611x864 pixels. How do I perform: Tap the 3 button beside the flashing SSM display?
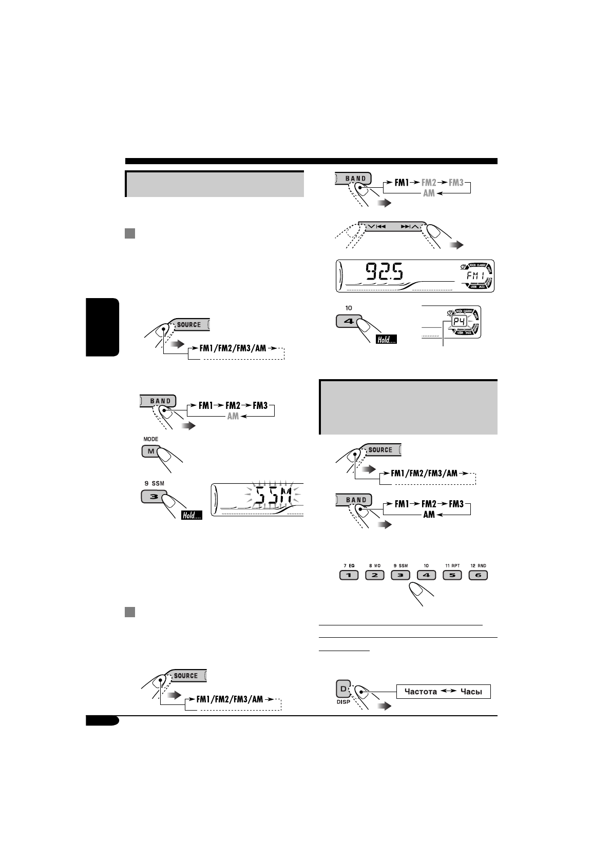click(152, 497)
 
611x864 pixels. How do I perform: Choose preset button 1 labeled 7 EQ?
click(349, 575)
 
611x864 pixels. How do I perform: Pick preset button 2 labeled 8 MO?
click(374, 575)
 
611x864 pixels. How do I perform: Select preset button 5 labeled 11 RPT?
click(452, 575)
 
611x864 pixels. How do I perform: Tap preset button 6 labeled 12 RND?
click(478, 575)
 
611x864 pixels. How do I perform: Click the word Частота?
click(421, 692)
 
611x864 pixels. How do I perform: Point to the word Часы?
click(471, 692)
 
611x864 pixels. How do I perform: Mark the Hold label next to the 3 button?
click(191, 515)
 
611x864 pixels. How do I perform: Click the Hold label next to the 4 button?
click(386, 339)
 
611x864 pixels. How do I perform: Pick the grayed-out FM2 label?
click(428, 182)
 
